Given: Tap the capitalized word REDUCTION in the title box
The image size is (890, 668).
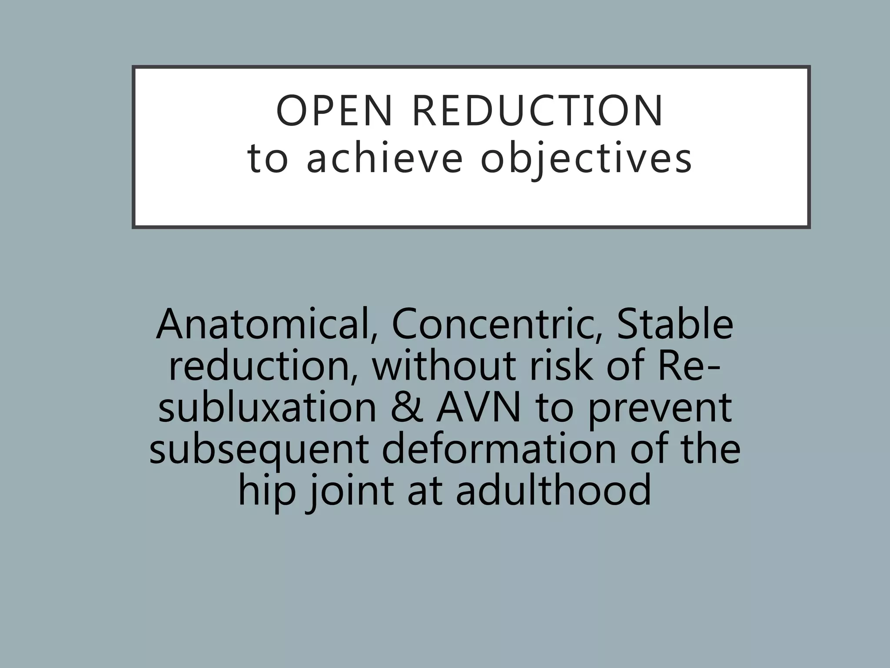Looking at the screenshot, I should click(537, 111).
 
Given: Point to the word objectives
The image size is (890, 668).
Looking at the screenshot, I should click(586, 159).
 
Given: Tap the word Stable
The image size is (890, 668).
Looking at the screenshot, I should click(674, 324).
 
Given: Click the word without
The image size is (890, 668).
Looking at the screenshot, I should click(443, 366).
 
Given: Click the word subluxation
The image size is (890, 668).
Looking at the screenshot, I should click(267, 408).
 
